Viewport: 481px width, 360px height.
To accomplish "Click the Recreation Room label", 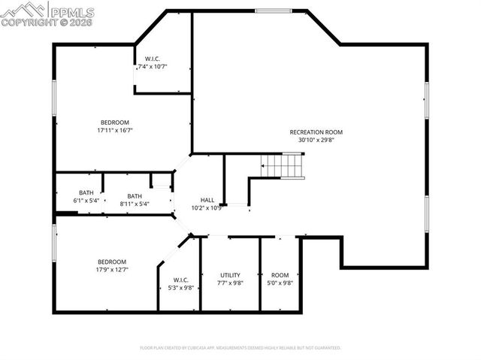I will pos(316,132).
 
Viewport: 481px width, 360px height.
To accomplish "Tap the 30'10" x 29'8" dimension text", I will pos(316,140).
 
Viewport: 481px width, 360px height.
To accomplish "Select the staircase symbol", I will pos(283,165).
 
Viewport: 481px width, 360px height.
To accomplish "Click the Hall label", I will pos(207,200).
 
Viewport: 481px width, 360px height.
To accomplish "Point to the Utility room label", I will pos(230,275).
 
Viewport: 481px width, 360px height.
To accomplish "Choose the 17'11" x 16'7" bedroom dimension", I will pos(115,130).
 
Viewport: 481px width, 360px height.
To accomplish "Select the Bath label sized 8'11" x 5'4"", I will pos(135,196).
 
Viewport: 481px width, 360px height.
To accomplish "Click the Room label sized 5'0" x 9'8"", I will pos(280,275).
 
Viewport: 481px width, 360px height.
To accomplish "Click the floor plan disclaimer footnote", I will pos(240,348).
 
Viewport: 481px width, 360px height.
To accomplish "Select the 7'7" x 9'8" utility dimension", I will pos(230,283).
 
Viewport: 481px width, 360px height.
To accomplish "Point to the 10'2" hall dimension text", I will pos(207,208).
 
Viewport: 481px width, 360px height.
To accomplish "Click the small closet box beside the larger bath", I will pos(161,180).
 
